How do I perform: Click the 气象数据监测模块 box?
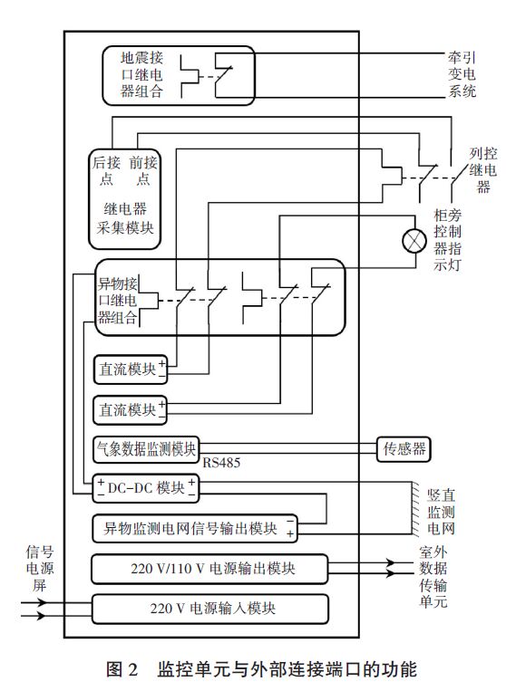(x=145, y=447)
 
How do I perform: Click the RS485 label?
(x=222, y=463)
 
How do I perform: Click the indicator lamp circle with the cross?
(x=414, y=240)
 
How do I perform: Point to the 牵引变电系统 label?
(x=460, y=73)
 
